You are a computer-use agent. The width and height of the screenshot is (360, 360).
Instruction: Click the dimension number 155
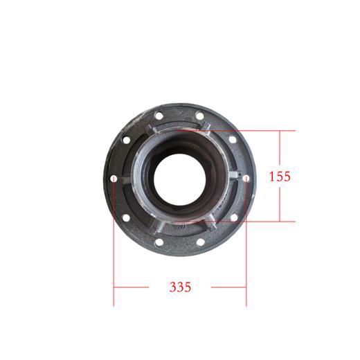pos(279,176)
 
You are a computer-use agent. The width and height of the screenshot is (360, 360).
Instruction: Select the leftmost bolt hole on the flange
pos(114,179)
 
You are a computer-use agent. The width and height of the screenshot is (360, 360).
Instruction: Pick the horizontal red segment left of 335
pos(132,286)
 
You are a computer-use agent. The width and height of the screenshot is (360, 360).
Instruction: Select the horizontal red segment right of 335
pos(228,286)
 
